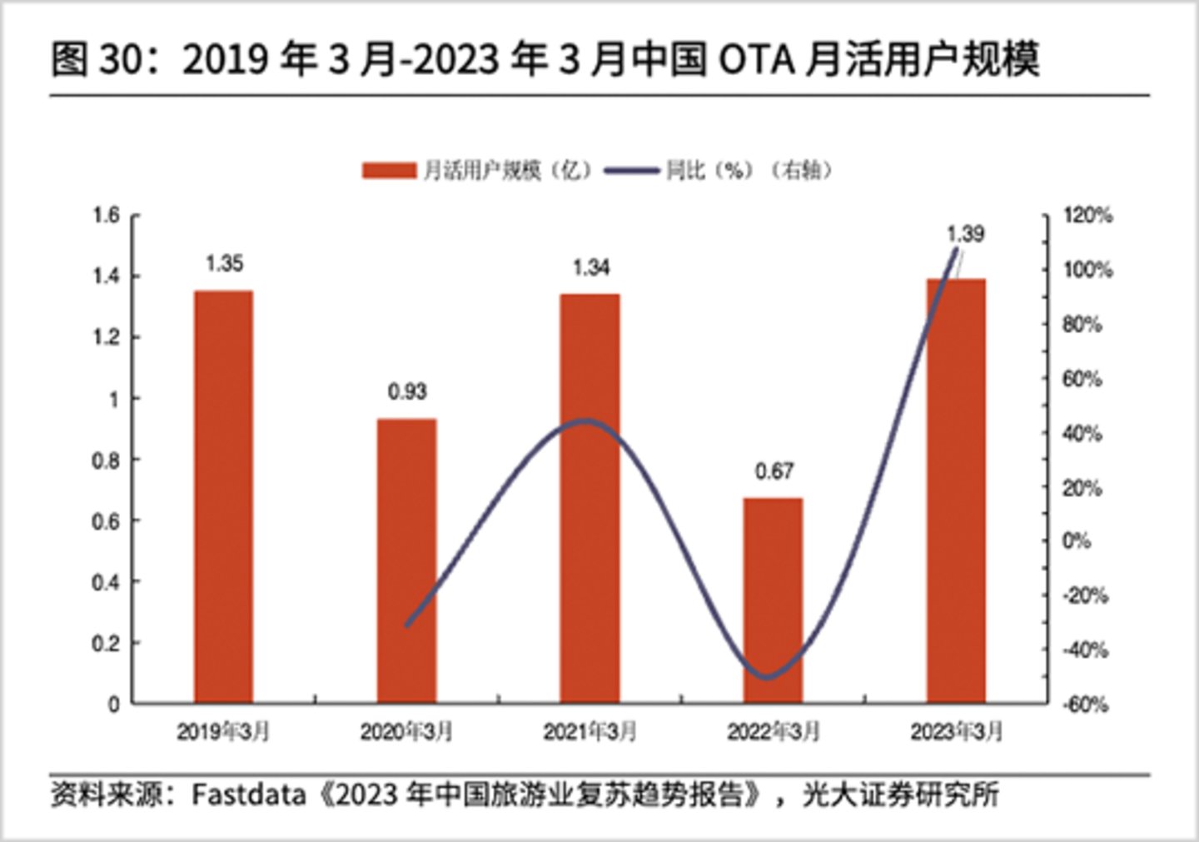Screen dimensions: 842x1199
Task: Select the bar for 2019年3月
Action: [x=223, y=496]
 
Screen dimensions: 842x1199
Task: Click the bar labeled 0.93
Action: [x=406, y=561]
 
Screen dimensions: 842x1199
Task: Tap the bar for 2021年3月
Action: [x=590, y=498]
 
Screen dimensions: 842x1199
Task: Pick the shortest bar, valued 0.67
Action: [x=773, y=600]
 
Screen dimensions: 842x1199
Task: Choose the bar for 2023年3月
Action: [x=956, y=491]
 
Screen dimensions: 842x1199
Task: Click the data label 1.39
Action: [x=965, y=234]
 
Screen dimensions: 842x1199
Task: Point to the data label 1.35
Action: [x=224, y=264]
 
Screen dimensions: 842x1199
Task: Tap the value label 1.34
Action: [x=590, y=267]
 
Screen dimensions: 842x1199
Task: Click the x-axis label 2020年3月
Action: [x=406, y=732]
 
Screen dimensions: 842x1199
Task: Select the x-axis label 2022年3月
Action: [x=773, y=732]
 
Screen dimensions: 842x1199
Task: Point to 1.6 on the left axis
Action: [x=106, y=216]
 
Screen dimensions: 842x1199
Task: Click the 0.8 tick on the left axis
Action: [x=106, y=461]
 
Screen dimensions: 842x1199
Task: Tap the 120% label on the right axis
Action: [x=1087, y=216]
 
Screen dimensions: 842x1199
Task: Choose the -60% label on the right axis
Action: [x=1085, y=705]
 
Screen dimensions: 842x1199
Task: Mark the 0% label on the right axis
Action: [x=1076, y=541]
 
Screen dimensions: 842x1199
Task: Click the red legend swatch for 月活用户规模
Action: [x=388, y=171]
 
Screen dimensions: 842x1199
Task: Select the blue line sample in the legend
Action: [x=631, y=171]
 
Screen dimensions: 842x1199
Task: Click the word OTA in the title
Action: [x=754, y=60]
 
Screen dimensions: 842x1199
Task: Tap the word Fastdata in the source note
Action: [x=248, y=795]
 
